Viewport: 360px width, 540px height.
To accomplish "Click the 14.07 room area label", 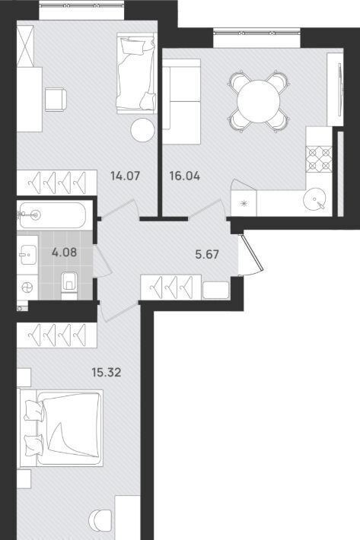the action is pos(125,176).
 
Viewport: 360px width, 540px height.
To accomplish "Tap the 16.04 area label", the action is pos(185,176).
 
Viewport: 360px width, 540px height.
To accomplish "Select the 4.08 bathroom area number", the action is pos(64,253).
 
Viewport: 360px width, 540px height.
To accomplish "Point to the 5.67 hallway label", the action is pos(207,255).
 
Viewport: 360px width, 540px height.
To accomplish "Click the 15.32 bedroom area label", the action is pos(107,372).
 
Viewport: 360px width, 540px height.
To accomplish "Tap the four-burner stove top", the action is pos(319,159).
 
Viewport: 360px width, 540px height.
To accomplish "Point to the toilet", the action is pos(69,284).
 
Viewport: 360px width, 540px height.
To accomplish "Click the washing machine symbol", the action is pos(27,287).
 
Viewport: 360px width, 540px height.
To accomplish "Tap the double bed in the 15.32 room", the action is pos(62,428).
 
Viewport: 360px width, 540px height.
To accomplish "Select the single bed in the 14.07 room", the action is pos(136,73).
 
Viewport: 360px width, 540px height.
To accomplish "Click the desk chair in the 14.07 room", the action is pos(56,100).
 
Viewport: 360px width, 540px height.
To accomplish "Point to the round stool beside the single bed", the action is pos(142,129).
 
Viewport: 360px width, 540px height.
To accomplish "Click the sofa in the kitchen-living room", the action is pos(181,102).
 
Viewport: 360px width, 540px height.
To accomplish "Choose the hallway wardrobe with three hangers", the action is pos(171,287).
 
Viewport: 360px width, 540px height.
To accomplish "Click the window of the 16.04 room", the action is pos(256,38).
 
